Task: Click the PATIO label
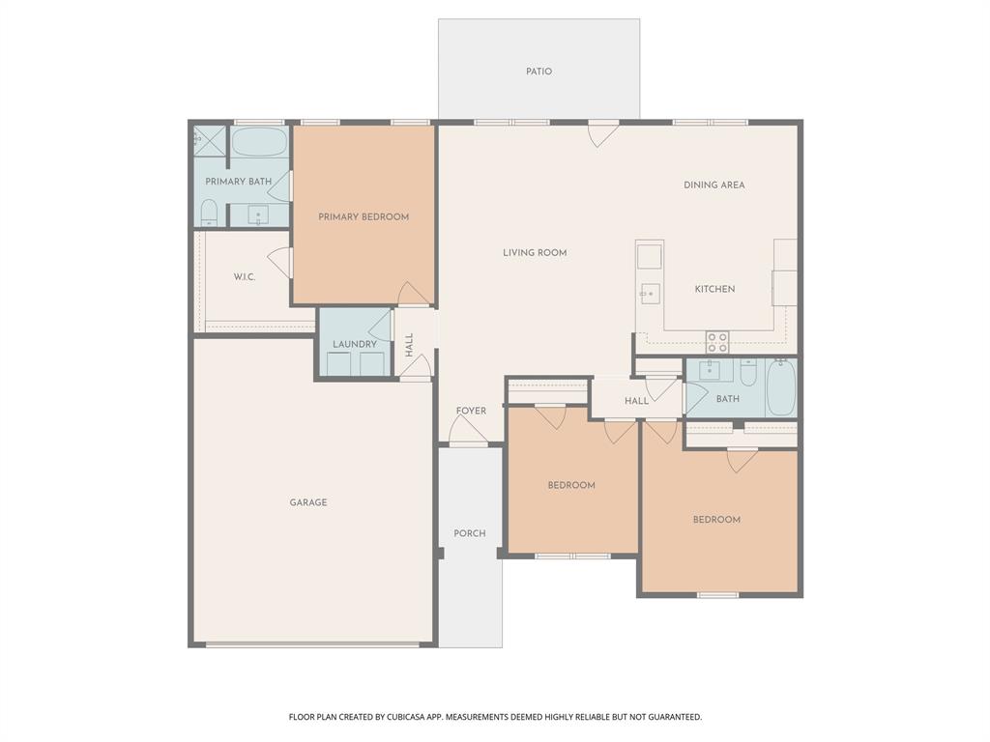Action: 539,71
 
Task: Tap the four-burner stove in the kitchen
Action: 716,341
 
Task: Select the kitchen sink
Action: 649,291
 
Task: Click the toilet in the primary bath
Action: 209,212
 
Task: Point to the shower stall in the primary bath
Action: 209,140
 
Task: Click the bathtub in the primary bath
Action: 259,143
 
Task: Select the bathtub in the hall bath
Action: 780,387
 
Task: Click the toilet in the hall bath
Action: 747,373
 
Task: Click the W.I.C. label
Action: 244,277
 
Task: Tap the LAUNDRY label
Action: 354,344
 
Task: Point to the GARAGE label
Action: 308,502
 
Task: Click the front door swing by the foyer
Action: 469,435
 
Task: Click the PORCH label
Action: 470,533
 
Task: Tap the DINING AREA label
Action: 713,185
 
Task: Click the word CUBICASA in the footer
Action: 396,717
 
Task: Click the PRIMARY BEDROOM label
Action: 364,216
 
